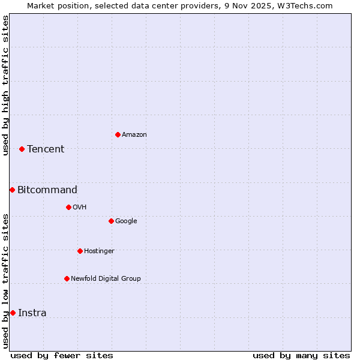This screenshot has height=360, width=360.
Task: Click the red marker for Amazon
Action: tap(118, 134)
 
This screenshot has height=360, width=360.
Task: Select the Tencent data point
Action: tap(22, 149)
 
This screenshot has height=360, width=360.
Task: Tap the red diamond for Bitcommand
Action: tap(12, 190)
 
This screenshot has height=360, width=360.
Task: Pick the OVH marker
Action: tap(68, 207)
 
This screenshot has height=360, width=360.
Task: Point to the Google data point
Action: tap(111, 221)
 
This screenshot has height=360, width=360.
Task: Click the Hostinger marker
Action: tap(80, 251)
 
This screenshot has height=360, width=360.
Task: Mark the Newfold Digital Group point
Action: tap(67, 278)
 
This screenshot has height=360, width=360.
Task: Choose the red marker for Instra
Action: tap(13, 313)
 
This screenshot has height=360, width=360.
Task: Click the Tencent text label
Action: tap(46, 149)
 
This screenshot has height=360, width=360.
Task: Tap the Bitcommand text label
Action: tap(47, 190)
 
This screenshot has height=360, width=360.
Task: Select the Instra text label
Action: tap(32, 313)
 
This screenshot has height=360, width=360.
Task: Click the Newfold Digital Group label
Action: tap(106, 278)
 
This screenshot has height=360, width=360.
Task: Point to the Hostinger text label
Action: tap(99, 251)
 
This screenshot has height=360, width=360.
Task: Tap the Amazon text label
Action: tap(134, 135)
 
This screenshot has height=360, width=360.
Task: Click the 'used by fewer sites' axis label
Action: tap(62, 355)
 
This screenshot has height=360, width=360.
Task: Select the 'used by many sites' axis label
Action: tap(301, 355)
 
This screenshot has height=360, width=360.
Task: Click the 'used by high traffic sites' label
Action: tap(5, 85)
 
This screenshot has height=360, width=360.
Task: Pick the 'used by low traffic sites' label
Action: tap(5, 280)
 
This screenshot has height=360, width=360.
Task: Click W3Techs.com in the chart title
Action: tap(306, 5)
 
